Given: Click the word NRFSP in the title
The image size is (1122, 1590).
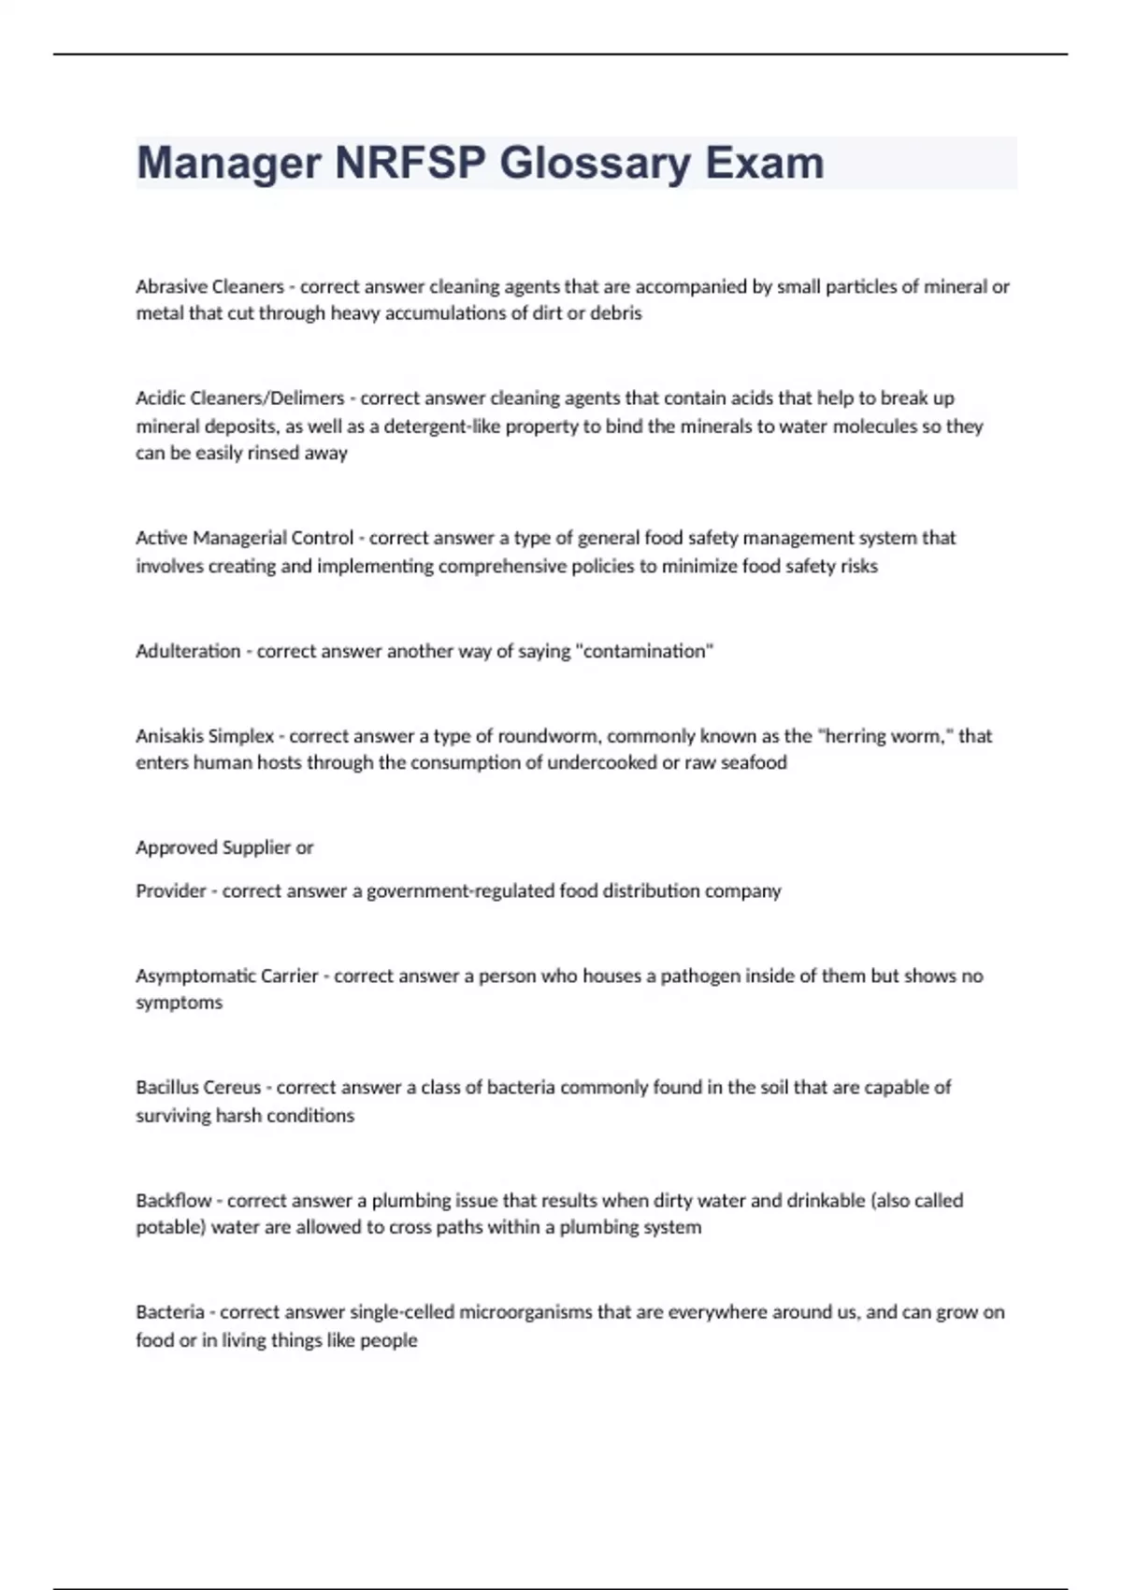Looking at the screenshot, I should point(410,163).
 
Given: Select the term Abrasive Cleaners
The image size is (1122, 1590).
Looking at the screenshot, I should point(209,286).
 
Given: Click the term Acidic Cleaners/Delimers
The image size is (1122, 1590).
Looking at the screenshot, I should point(240,398).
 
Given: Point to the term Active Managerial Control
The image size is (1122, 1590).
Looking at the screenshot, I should point(244,538).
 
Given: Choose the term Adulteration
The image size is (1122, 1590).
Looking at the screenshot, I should point(188,651).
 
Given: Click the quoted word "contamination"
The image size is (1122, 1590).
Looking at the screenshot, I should point(648,651).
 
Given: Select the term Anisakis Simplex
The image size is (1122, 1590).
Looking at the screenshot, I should point(205,736).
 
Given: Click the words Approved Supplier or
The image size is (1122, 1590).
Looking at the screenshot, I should point(224,847).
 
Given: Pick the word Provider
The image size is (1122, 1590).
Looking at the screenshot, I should point(170,891).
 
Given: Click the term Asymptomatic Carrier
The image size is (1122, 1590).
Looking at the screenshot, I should point(226,976).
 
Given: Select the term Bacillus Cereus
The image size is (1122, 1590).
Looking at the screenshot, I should point(198,1088).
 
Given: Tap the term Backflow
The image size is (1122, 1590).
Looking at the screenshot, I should point(173,1200).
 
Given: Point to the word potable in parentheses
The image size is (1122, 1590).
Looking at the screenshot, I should point(169,1227).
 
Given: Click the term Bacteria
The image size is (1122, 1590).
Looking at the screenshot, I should point(169,1312).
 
